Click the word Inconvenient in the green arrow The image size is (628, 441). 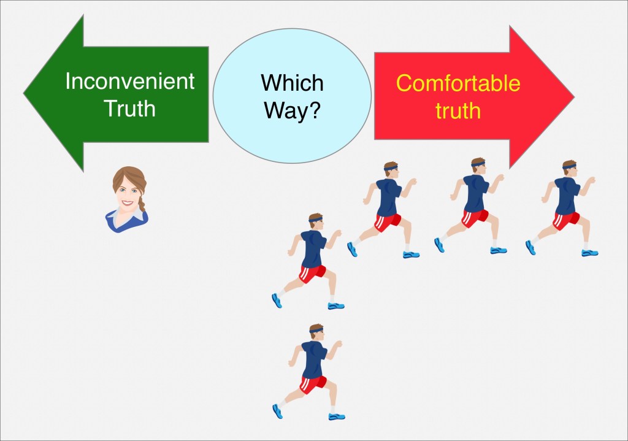point(130,81)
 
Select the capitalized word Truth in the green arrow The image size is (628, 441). point(129,108)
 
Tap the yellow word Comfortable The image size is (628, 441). point(458,83)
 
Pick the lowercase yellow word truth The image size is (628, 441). point(458,110)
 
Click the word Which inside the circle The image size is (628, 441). point(292,83)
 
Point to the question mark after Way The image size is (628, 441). point(315,109)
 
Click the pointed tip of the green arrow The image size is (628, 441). point(24,94)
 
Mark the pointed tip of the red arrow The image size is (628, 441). point(574,96)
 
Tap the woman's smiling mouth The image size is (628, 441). point(128,202)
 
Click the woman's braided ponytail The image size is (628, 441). point(142,202)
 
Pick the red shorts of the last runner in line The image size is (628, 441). point(312,384)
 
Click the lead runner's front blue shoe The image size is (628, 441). point(589,252)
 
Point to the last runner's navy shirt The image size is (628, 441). point(314,359)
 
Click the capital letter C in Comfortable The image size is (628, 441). point(405,83)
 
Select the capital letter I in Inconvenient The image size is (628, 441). point(67,81)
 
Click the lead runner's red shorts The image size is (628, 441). point(566,220)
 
